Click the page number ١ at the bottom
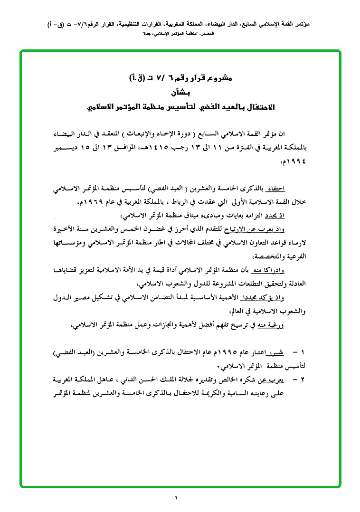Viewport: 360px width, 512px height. pyautogui.click(x=176, y=498)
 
